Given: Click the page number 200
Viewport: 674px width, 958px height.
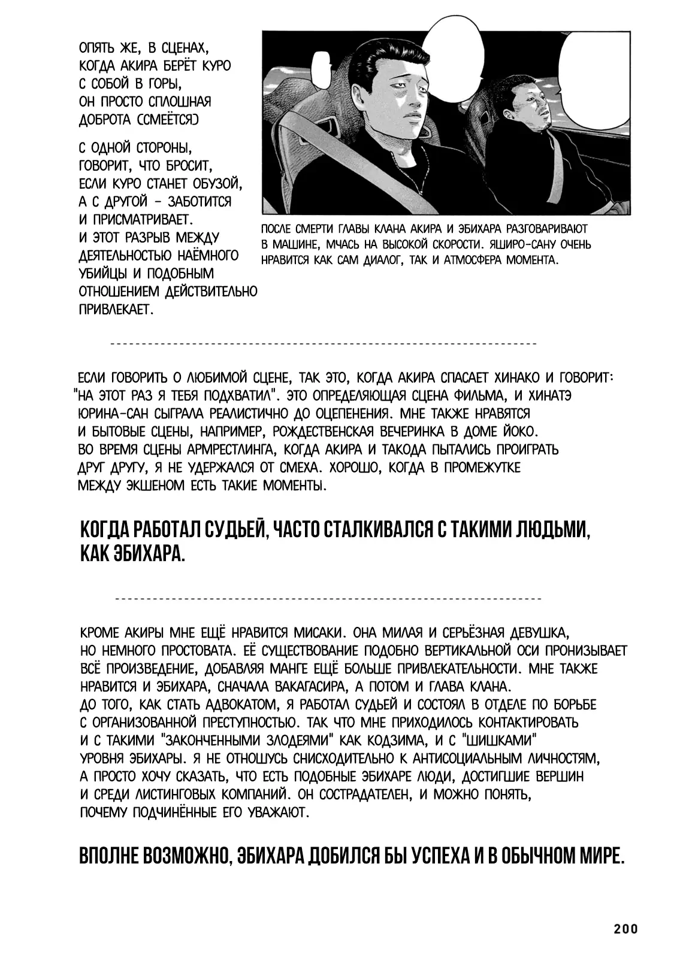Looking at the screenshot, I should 625,929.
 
